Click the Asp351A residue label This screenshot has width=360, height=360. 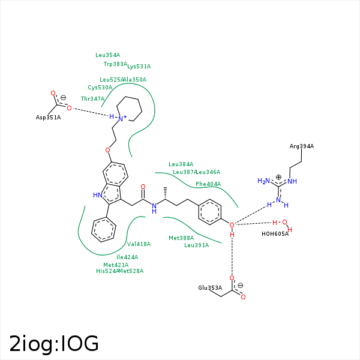[x=48, y=118]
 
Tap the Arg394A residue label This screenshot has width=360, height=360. [x=302, y=146]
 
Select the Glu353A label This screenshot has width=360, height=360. [x=210, y=288]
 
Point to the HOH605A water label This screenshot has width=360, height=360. [x=275, y=234]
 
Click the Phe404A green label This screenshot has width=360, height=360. [x=208, y=184]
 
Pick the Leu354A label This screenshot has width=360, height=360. [x=108, y=55]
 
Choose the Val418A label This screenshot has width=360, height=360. [x=139, y=244]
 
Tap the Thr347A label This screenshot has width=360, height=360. [x=93, y=99]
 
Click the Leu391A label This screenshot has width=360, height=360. [x=197, y=245]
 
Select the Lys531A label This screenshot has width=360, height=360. [x=139, y=67]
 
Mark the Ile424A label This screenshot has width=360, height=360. [x=127, y=257]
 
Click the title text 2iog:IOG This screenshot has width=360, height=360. [x=54, y=343]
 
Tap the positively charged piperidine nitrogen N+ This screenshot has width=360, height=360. [x=122, y=118]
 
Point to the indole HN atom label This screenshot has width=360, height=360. [x=98, y=195]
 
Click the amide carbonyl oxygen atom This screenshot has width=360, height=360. [x=143, y=187]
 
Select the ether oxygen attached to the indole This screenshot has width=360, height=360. [x=108, y=150]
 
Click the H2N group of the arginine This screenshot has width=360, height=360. [x=264, y=181]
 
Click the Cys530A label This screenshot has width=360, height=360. [x=100, y=88]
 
